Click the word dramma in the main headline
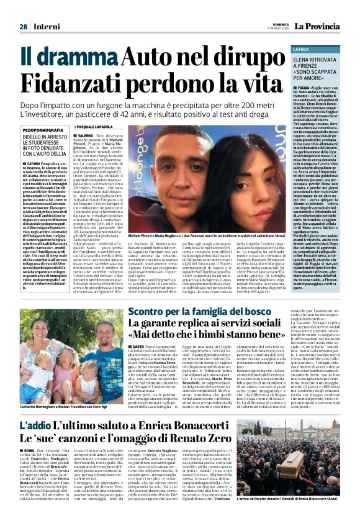click(81, 58)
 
